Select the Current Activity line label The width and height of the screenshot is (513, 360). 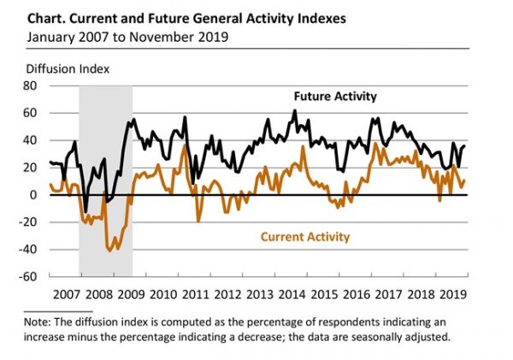tap(305, 237)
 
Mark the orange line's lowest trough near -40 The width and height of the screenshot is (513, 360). tap(112, 251)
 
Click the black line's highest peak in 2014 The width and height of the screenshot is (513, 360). tap(294, 110)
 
